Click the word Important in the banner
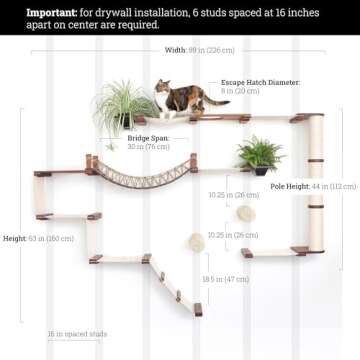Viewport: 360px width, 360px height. (x=51, y=12)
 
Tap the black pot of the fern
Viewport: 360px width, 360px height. (x=260, y=169)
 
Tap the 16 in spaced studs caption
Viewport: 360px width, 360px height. (x=77, y=334)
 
